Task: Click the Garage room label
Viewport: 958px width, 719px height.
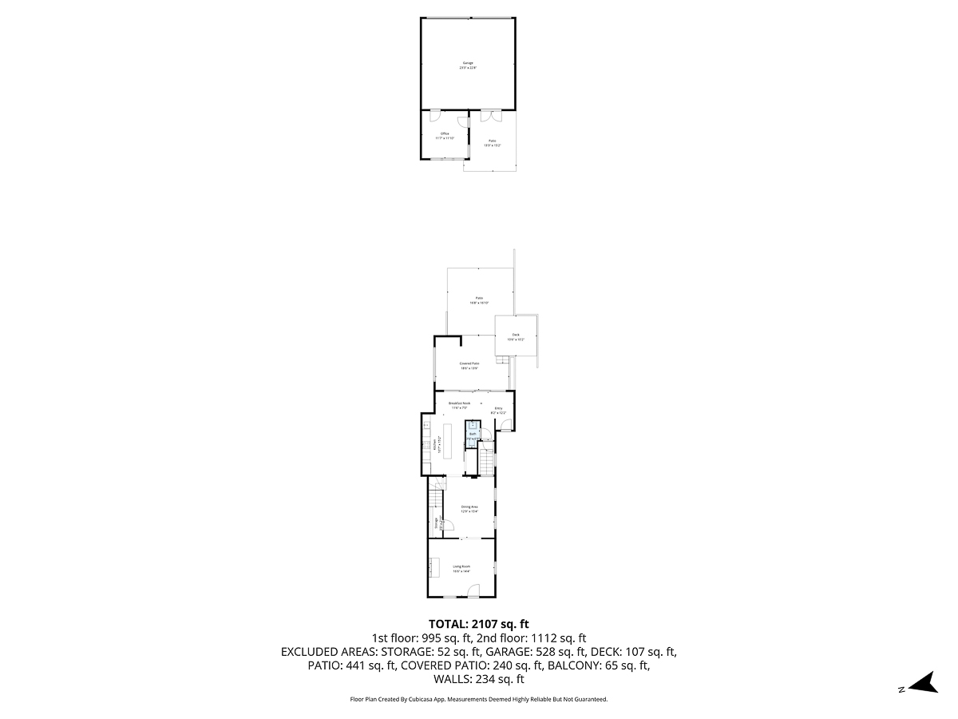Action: coord(468,66)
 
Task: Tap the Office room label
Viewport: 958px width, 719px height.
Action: coord(445,136)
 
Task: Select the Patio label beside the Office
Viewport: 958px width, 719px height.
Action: coord(493,143)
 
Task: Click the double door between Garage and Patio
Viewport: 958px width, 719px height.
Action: coord(490,115)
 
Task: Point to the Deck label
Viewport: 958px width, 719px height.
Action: coord(516,337)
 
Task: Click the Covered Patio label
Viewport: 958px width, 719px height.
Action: coord(469,365)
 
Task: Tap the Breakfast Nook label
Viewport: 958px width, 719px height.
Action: coord(458,405)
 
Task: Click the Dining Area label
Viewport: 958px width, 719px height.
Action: coord(469,509)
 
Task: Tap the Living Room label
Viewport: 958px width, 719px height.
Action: coord(461,568)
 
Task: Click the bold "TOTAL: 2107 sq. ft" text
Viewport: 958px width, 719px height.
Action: coord(479,624)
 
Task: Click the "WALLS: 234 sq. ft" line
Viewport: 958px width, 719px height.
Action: coord(479,680)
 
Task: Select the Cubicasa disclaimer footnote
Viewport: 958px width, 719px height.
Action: coord(479,699)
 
